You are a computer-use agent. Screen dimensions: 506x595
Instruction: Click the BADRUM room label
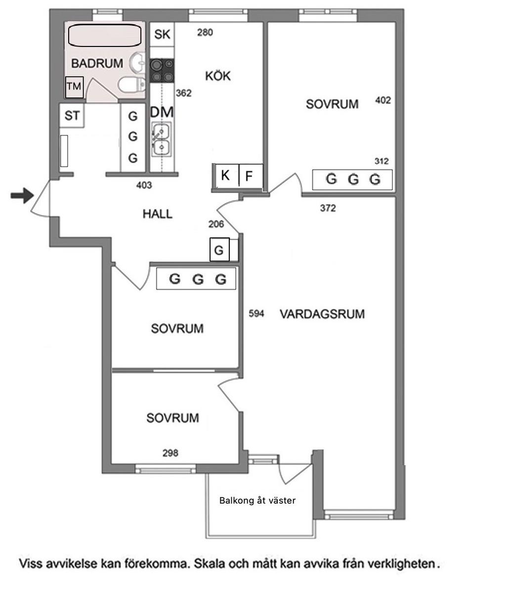(x=97, y=63)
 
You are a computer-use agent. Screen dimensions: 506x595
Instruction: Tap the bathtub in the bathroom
(x=105, y=36)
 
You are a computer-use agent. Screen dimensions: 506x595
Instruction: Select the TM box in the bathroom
(x=75, y=87)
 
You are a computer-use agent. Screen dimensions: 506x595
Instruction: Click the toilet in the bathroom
(x=132, y=85)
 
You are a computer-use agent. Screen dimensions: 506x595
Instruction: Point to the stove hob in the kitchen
(x=162, y=71)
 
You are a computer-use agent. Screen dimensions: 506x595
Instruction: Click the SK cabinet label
(x=163, y=35)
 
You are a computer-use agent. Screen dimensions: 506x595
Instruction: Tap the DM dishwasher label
(x=162, y=112)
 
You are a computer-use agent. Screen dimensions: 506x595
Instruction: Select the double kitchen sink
(x=162, y=139)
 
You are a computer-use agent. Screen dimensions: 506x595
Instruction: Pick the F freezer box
(x=251, y=175)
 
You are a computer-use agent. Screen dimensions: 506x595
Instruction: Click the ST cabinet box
(x=72, y=116)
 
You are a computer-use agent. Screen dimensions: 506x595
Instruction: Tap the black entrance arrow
(x=22, y=196)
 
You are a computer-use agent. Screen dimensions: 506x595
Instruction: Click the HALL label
(x=158, y=214)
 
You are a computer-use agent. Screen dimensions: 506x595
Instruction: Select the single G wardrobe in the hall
(x=219, y=250)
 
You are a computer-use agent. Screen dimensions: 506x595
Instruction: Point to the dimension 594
(x=256, y=313)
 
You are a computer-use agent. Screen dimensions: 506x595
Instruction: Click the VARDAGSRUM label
(x=322, y=314)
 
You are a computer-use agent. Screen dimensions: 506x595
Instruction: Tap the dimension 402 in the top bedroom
(x=383, y=100)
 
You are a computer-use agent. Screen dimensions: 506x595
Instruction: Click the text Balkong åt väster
(x=257, y=500)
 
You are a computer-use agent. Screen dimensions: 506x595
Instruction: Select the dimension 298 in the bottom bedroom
(x=170, y=453)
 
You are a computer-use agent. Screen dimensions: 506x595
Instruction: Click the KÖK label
(x=218, y=76)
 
